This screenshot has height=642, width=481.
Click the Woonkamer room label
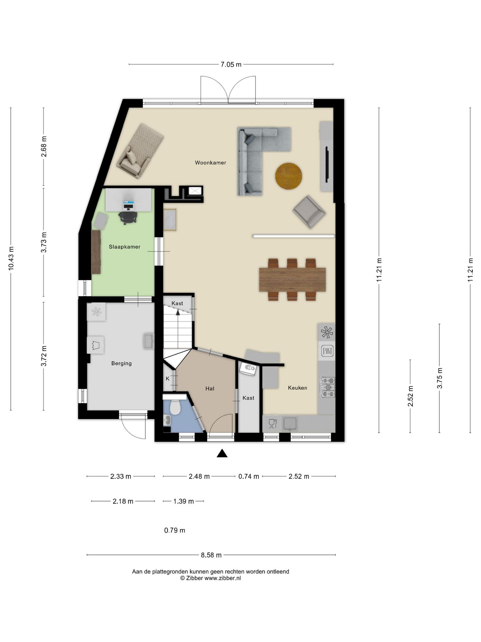click(210, 163)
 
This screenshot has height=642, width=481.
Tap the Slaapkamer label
click(125, 247)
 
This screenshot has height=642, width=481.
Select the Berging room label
click(121, 363)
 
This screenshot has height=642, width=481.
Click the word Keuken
click(297, 388)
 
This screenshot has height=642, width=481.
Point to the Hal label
click(210, 389)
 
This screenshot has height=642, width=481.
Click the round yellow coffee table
click(289, 176)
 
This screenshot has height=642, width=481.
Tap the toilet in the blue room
click(175, 407)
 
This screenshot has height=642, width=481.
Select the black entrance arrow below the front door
click(222, 453)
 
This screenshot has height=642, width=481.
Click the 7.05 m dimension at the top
click(231, 65)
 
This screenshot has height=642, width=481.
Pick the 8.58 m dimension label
click(211, 555)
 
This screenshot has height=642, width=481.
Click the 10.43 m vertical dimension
click(11, 258)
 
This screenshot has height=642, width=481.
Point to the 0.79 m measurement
click(175, 530)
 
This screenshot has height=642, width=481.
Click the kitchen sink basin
click(290, 423)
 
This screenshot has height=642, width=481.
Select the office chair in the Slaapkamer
click(128, 217)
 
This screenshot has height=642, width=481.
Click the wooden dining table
click(292, 279)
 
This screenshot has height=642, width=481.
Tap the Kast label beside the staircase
click(177, 303)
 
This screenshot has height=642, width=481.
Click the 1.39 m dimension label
click(183, 501)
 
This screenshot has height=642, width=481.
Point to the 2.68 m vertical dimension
click(44, 146)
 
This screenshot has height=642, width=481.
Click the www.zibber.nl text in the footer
click(222, 578)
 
